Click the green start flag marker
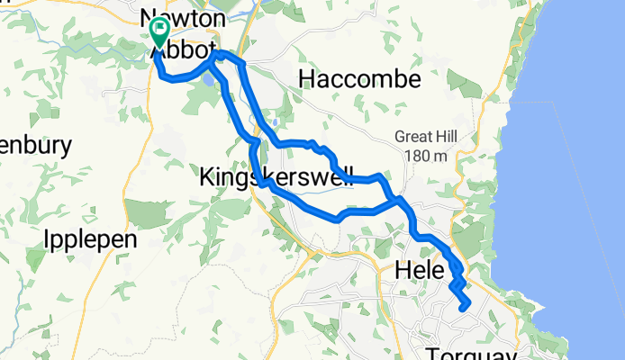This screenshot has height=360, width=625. (159, 32)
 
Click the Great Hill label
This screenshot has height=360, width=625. (426, 137)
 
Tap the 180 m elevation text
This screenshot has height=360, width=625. (428, 156)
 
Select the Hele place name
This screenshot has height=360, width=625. (420, 270)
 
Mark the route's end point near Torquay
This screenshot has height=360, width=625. (464, 309)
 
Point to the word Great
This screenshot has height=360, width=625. (412, 137)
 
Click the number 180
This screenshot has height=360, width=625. (420, 156)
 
